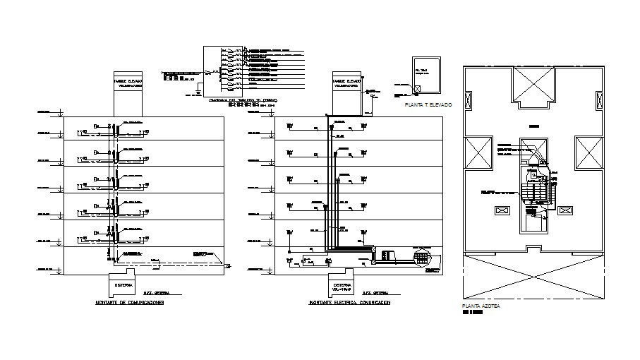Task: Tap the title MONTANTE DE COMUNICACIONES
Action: pos(129,302)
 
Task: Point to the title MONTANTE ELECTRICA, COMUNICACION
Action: pos(349,302)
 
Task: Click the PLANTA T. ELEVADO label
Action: pos(428,104)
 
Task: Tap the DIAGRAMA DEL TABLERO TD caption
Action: pos(243,101)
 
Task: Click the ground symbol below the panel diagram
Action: pos(200,92)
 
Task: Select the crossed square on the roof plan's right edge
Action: pos(588,153)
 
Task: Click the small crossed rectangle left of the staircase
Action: pos(503,210)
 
